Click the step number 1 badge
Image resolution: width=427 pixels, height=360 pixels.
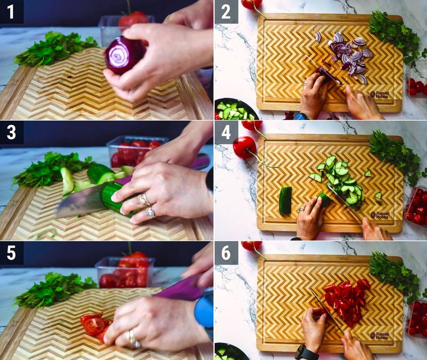coord(11,11)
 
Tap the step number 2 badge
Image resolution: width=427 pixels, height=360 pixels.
coord(226,11)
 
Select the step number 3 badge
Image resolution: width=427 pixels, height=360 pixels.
coord(11,132)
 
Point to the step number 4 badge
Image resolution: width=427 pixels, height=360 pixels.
coord(226,132)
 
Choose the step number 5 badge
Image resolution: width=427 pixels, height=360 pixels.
coord(11,252)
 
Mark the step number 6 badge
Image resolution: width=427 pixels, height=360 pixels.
coord(226,252)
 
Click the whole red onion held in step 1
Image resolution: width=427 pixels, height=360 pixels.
coord(124,55)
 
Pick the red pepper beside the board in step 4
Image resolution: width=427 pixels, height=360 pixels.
coord(244,147)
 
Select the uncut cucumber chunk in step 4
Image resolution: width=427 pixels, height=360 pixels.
coord(286,200)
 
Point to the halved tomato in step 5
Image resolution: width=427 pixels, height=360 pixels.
coord(93,324)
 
